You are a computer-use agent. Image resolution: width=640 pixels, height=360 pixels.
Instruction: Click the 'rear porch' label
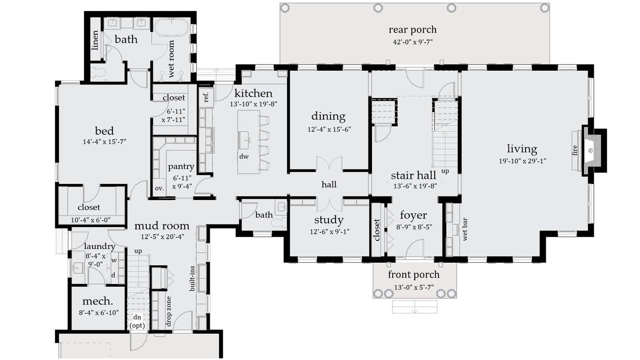[412, 30]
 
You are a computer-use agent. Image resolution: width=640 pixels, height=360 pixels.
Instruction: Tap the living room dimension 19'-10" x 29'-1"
[522, 161]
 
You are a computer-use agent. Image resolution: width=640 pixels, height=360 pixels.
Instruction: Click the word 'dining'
[328, 116]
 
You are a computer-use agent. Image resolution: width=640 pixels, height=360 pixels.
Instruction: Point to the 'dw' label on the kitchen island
[244, 156]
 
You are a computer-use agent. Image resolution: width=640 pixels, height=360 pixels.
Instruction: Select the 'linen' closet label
[95, 40]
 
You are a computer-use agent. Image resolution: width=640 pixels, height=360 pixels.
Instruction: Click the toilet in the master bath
[99, 73]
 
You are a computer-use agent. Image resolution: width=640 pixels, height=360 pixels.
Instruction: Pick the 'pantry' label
[181, 167]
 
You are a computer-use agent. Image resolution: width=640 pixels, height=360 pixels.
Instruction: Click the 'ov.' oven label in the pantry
[159, 188]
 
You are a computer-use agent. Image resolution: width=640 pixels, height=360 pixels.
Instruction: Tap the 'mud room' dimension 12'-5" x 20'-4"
[162, 236]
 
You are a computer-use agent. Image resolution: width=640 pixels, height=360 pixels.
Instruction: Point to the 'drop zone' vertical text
[168, 311]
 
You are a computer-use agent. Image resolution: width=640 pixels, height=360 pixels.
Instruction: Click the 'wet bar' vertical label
[466, 229]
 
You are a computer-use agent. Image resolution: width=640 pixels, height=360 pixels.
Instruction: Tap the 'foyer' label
[413, 216]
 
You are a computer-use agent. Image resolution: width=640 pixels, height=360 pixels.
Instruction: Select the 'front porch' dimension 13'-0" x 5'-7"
[413, 287]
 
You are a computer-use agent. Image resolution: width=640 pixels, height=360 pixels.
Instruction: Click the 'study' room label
[328, 220]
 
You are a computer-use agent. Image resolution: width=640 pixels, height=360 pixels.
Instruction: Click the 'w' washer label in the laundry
[113, 260]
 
